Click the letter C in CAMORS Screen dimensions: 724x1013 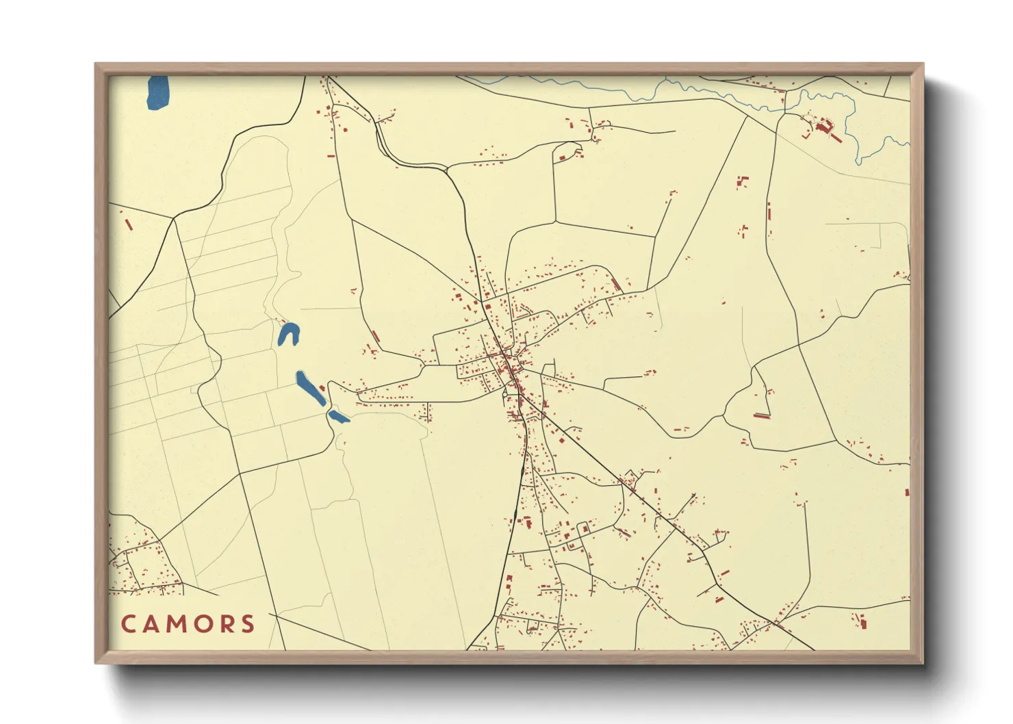[129, 624]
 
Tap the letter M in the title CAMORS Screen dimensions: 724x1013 [175, 624]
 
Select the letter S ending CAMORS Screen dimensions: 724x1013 [248, 624]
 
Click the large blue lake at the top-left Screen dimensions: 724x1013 [157, 92]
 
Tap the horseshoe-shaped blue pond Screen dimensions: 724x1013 [288, 334]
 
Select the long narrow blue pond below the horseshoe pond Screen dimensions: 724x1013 [310, 388]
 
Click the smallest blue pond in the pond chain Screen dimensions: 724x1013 [338, 416]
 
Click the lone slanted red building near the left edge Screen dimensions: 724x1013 [127, 224]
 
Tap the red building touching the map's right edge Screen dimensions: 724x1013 [907, 492]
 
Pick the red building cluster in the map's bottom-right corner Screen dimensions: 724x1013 [861, 622]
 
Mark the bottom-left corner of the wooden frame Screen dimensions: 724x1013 [97, 662]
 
